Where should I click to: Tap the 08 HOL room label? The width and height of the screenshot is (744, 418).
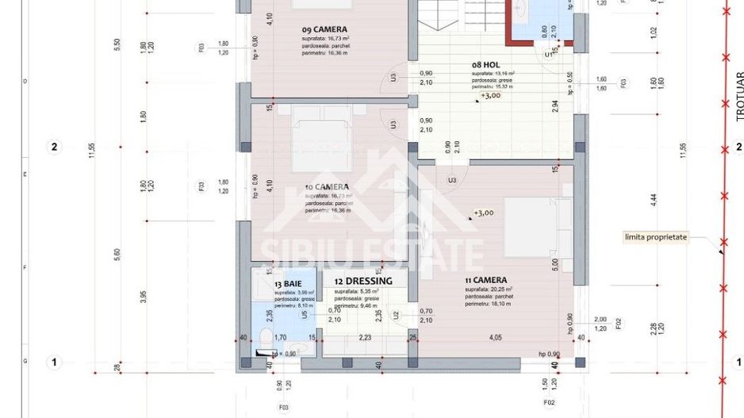485,65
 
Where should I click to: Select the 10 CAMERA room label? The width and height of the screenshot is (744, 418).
328,188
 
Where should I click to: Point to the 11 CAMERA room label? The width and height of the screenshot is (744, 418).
487,280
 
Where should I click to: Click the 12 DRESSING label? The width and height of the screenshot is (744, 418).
363,282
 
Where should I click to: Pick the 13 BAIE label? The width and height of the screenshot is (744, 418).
288,283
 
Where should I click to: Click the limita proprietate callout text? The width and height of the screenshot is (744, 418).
654,236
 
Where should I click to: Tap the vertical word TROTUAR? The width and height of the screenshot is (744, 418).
739,96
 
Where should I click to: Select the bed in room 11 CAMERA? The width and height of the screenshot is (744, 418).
538,227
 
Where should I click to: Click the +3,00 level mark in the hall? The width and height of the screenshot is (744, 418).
490,95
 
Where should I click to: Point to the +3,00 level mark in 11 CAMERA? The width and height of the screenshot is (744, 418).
484,213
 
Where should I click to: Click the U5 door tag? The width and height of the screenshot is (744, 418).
305,315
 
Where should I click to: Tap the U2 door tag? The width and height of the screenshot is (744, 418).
396,315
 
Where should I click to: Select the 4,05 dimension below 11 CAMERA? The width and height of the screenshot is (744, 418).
495,338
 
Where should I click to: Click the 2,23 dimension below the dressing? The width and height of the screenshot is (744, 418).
365,338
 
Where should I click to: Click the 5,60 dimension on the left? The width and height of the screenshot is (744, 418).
117,253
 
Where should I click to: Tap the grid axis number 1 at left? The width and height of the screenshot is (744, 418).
55,362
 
